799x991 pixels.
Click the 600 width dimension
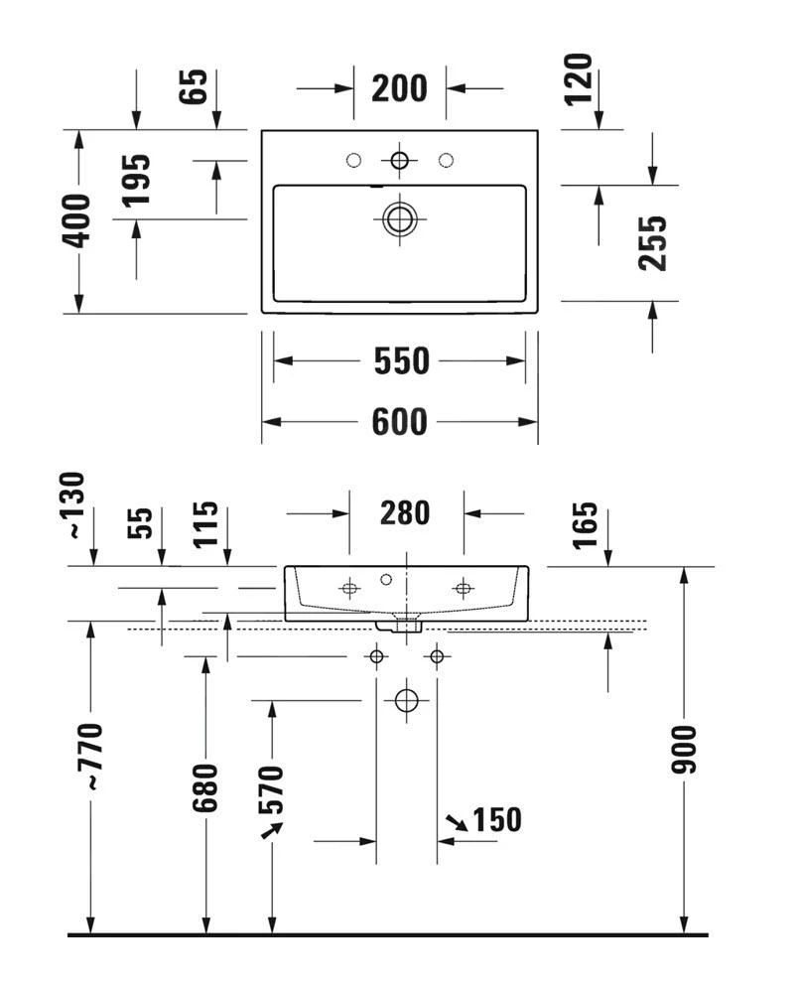400,422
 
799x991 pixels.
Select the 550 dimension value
401,361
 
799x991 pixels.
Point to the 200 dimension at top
399,88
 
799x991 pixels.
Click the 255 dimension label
652,243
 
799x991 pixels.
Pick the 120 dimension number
581,79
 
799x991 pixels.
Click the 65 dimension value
196,86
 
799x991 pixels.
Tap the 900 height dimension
684,750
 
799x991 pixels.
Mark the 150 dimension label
496,820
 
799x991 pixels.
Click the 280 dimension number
405,513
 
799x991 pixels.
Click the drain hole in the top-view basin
400,218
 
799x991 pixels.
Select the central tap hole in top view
400,160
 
